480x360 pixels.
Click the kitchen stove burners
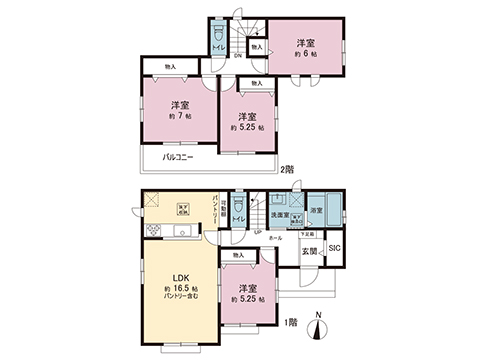[x=153, y=231]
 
